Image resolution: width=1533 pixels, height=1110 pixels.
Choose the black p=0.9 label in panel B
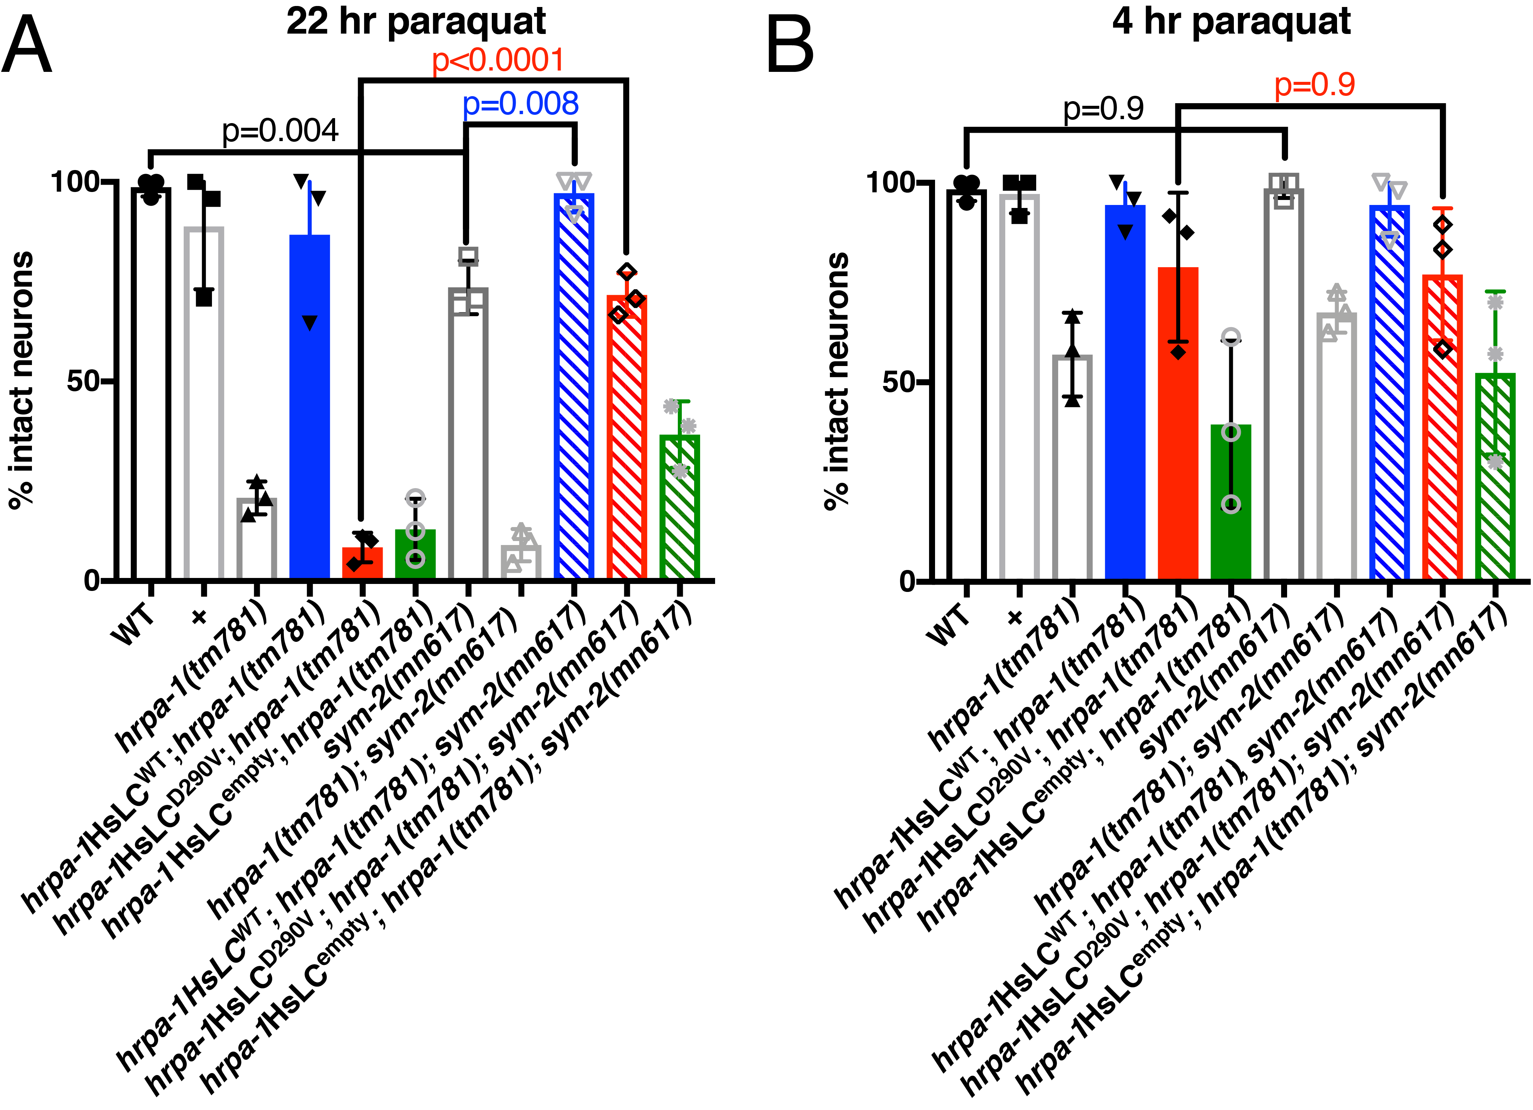click(1103, 109)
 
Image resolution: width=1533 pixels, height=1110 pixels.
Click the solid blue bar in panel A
click(309, 406)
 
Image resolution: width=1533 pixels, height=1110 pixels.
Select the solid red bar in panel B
click(1178, 423)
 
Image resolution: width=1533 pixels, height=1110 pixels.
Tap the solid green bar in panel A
click(415, 554)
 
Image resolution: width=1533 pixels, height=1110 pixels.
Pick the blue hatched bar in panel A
click(574, 385)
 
